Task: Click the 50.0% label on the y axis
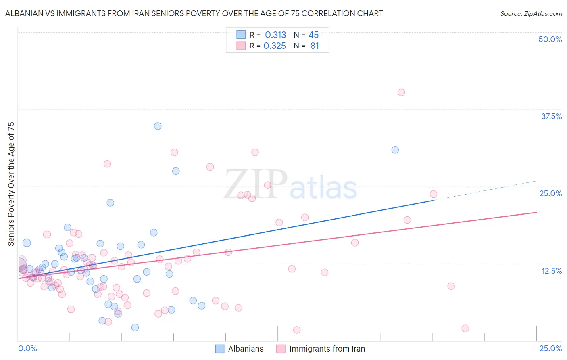550,39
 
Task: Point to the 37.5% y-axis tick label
551,116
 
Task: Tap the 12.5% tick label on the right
551,271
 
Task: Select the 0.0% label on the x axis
27,348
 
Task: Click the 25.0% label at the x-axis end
550,348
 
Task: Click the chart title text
194,13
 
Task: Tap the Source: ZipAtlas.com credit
531,13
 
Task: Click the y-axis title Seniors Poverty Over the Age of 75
11,184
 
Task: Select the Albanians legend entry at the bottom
246,349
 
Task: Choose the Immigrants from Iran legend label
327,349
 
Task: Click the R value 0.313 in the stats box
275,35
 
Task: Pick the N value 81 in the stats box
315,46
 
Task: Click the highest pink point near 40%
401,92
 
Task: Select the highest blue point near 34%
158,126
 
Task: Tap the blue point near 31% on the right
395,150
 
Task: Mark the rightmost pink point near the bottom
465,329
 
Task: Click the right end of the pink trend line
536,212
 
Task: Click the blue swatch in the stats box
241,35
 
